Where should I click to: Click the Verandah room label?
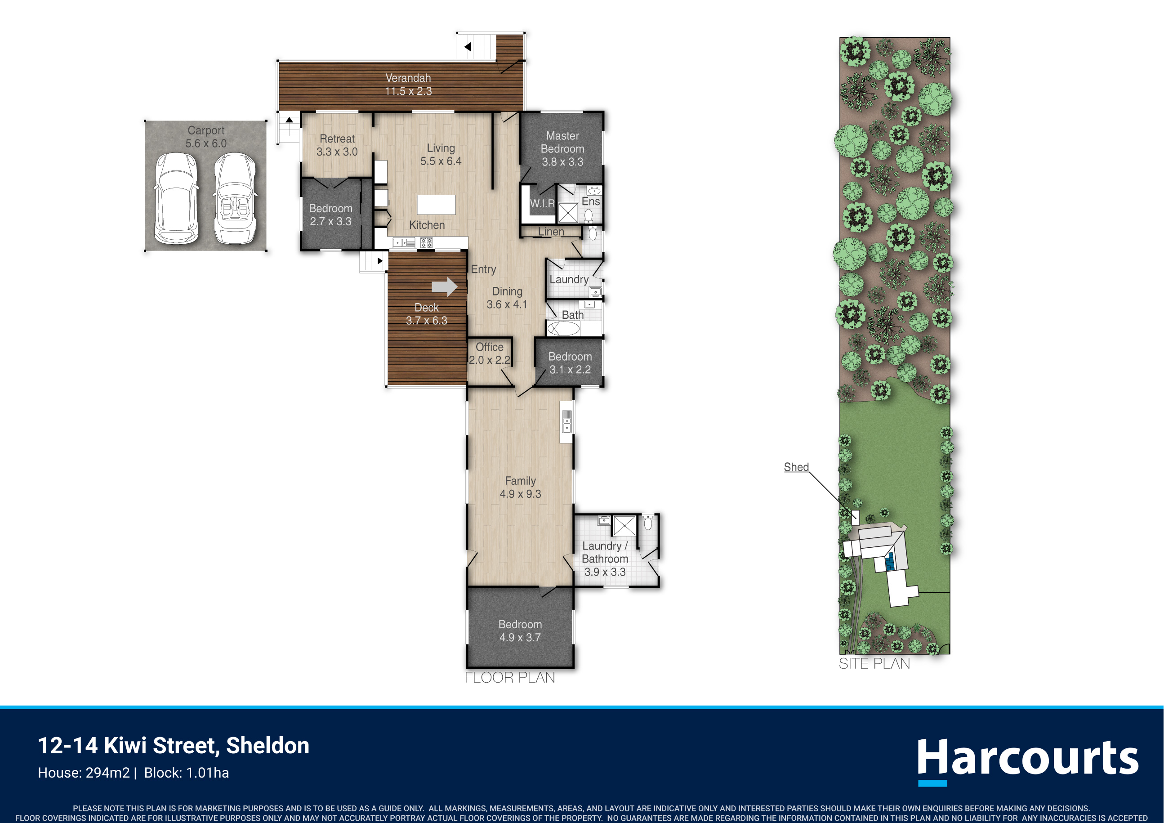coord(408,85)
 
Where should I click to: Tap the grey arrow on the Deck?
coord(445,286)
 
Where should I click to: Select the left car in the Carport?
coord(175,198)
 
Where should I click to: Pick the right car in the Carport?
coord(235,198)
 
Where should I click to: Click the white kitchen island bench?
coord(436,205)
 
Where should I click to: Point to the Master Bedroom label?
coord(562,149)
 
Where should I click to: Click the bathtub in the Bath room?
coord(563,329)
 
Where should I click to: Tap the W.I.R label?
coord(542,204)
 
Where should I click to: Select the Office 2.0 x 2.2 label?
coord(489,353)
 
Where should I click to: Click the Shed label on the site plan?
coord(796,467)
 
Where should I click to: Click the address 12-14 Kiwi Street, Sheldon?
coord(174,745)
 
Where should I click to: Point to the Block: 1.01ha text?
coord(186,773)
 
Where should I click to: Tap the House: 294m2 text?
coord(84,773)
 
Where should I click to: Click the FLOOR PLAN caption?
coord(509,677)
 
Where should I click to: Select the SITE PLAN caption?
coord(874,663)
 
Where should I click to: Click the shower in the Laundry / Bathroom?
coord(624,525)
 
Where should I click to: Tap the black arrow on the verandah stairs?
coord(468,47)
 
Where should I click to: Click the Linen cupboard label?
coord(551,232)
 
